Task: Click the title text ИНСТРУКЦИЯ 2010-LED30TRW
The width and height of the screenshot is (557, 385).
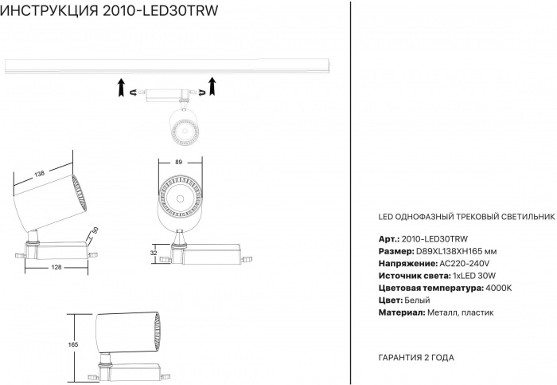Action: click(x=111, y=10)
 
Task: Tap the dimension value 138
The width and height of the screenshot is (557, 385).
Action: click(x=40, y=173)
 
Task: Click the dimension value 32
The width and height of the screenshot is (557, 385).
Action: click(x=154, y=252)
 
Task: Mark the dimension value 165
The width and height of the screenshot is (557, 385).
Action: click(x=73, y=344)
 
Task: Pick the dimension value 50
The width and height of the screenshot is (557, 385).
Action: click(x=95, y=231)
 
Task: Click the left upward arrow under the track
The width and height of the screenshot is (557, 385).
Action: click(x=120, y=86)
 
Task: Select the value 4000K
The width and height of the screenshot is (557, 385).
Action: click(x=498, y=287)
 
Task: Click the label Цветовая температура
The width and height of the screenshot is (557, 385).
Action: click(x=427, y=287)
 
